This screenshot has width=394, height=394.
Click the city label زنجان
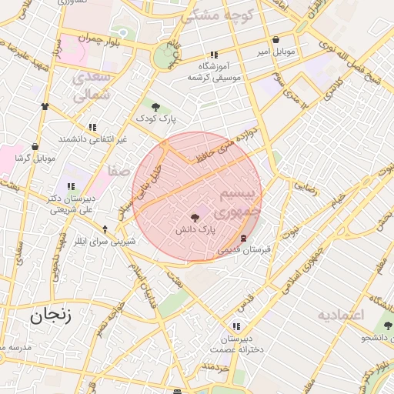coord(50,316)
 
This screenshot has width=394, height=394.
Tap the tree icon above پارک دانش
coord(194,218)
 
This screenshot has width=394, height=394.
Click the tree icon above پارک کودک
coord(156,107)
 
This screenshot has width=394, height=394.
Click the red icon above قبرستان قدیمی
coord(244,238)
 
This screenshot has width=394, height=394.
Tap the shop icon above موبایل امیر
coord(275,40)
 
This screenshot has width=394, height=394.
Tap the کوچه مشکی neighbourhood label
coord(213,15)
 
